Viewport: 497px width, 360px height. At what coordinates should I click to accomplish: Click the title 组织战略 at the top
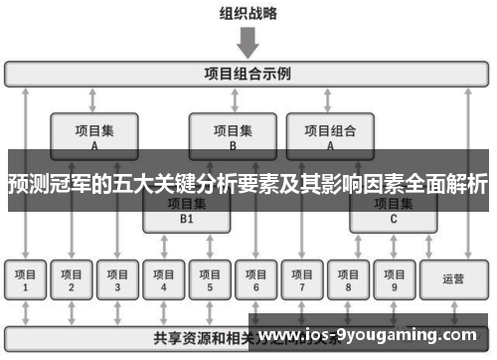point(248,14)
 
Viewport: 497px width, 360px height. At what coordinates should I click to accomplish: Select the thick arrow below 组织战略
point(248,42)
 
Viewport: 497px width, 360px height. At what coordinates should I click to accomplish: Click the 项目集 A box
point(93,134)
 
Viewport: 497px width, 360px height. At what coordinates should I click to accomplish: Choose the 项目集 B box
point(232,134)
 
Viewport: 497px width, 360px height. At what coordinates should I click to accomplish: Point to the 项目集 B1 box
point(186,212)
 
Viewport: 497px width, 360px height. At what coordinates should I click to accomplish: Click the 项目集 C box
point(393,212)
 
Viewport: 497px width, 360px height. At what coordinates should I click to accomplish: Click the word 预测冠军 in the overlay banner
point(42,184)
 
